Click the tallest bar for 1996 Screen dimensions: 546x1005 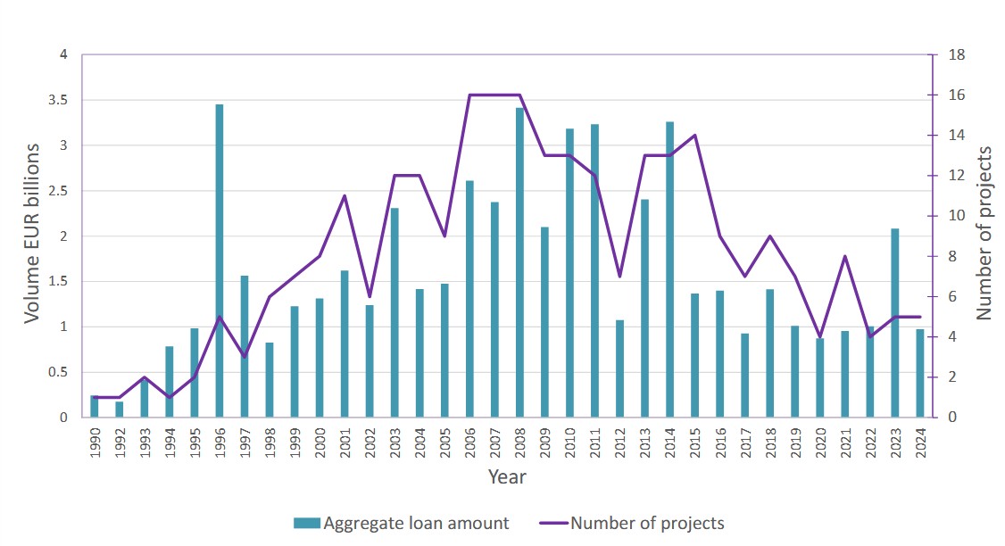pyautogui.click(x=220, y=261)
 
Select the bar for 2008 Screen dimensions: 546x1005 pyautogui.click(x=519, y=262)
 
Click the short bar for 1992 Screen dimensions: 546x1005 pyautogui.click(x=120, y=409)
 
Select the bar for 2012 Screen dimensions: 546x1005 pyautogui.click(x=619, y=368)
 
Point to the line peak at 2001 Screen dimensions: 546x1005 pyautogui.click(x=345, y=195)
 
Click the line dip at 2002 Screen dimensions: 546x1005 pyautogui.click(x=370, y=296)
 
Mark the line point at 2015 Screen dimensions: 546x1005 pyautogui.click(x=694, y=136)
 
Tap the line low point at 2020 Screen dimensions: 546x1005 pyautogui.click(x=819, y=336)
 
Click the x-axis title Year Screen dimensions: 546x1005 pyautogui.click(x=507, y=477)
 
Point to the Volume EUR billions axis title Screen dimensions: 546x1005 pyautogui.click(x=32, y=234)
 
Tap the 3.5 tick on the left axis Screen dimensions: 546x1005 pyautogui.click(x=57, y=100)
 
